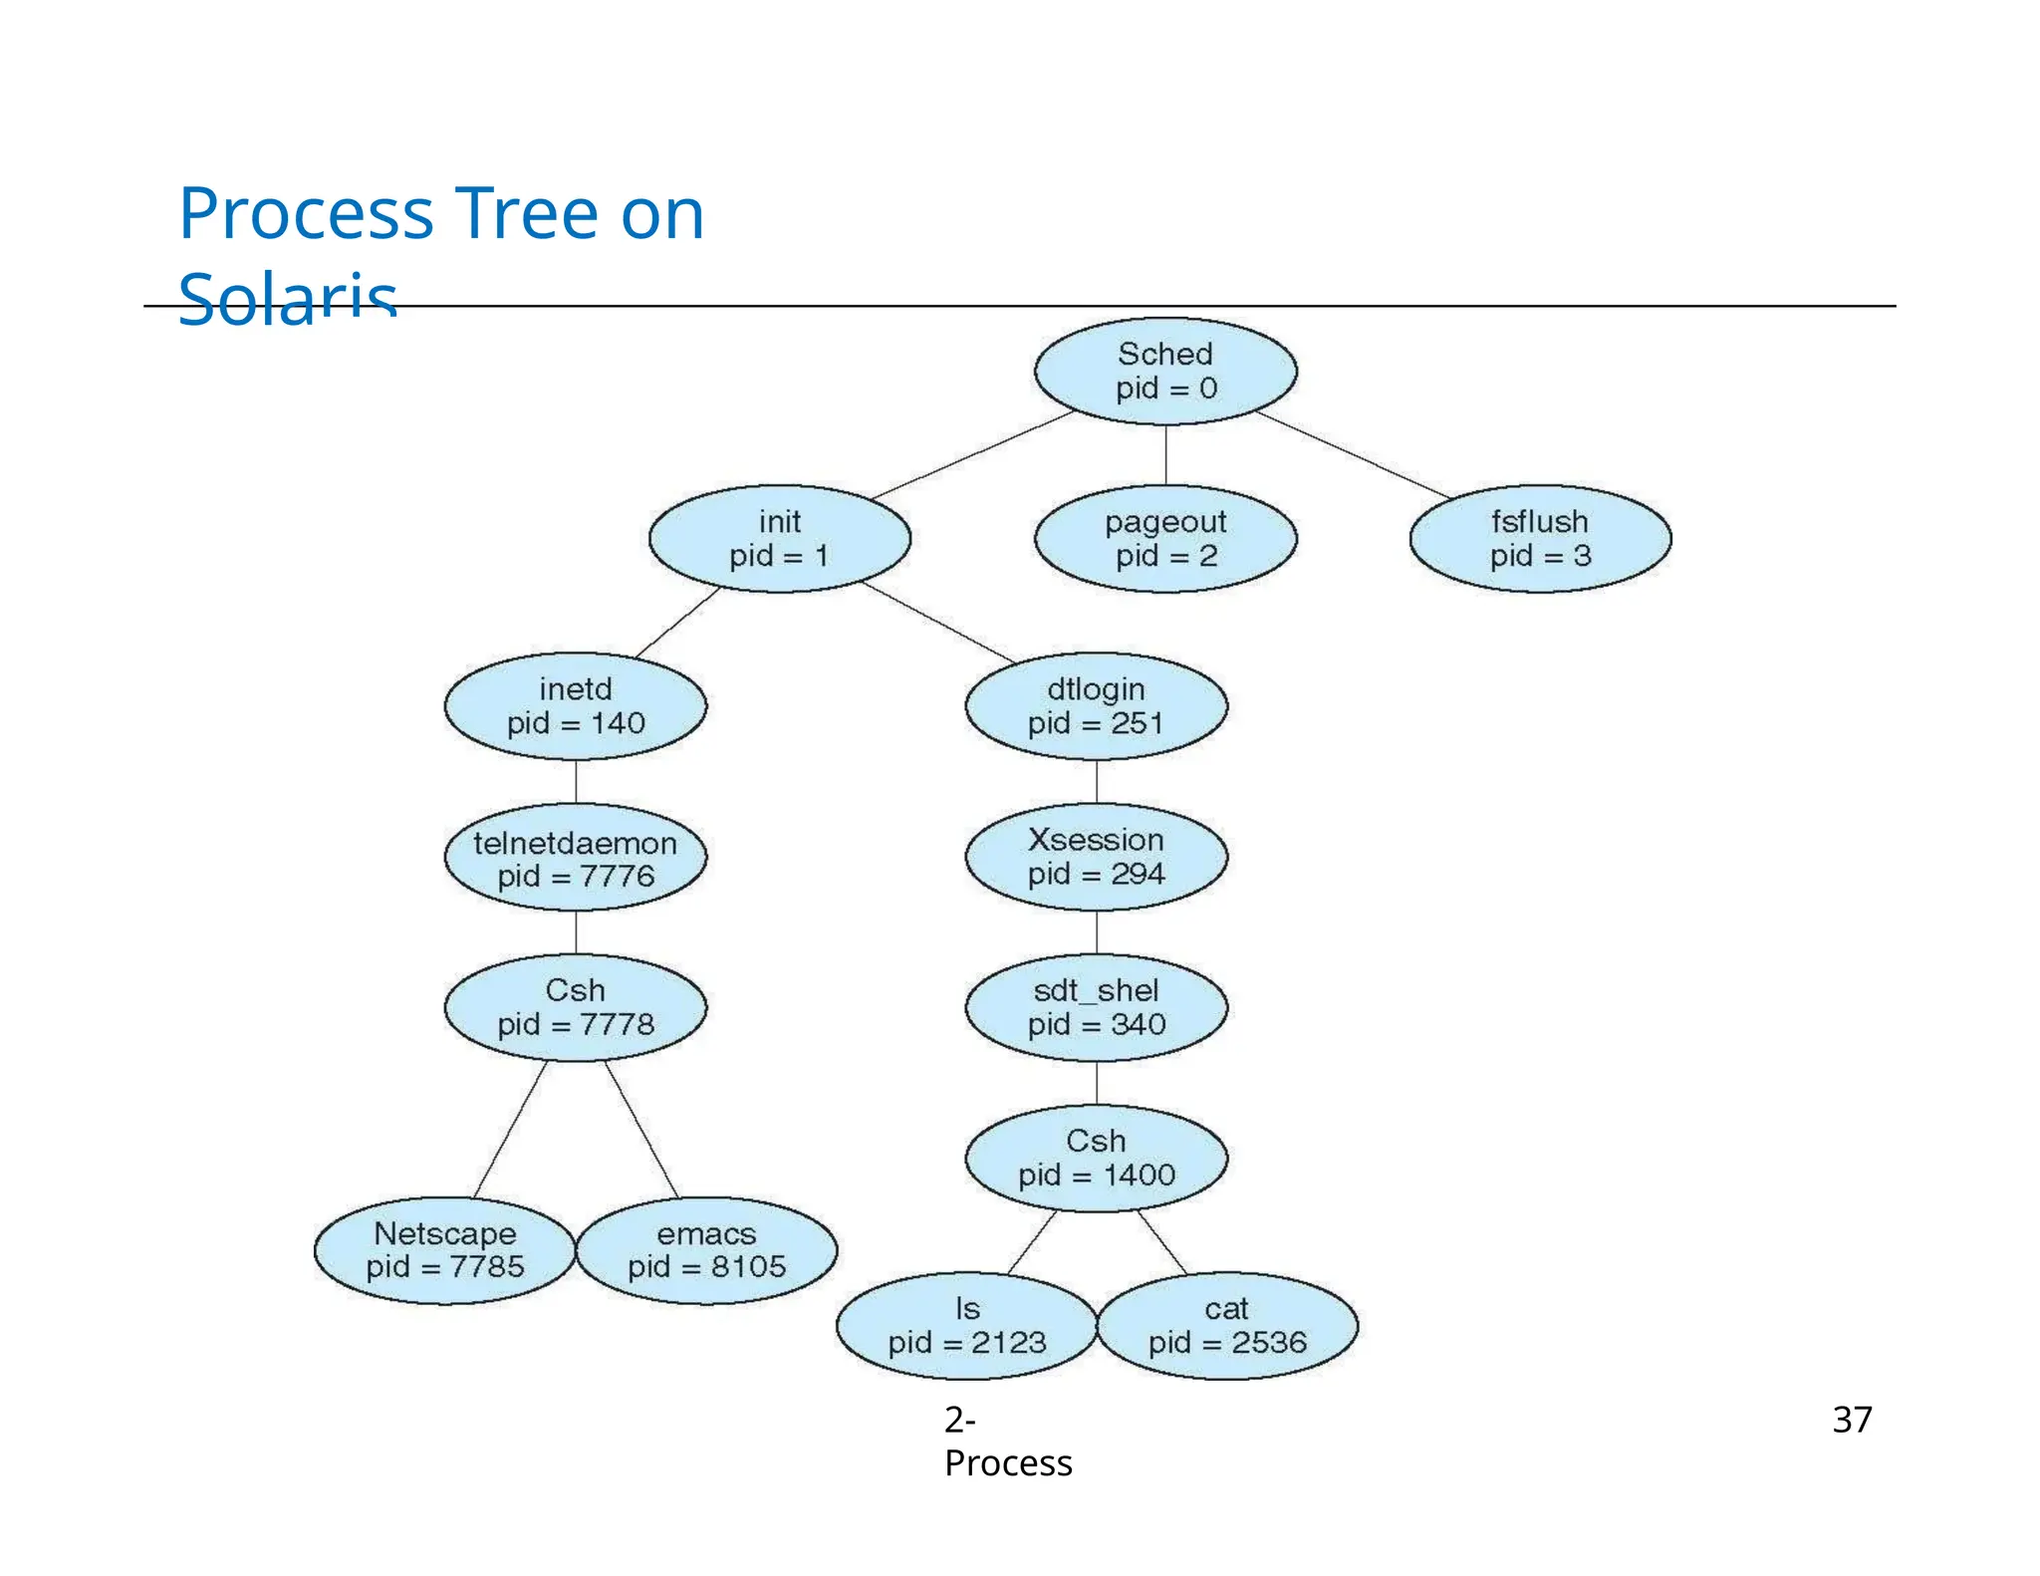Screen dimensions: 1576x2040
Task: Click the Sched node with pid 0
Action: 1165,371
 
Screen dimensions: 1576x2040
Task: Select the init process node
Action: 779,538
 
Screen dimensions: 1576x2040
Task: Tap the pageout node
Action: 1165,538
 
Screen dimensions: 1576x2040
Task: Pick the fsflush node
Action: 1540,538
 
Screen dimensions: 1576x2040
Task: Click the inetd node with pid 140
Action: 576,705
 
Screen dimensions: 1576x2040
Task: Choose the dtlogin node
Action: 1096,705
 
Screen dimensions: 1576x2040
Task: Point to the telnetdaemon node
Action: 576,858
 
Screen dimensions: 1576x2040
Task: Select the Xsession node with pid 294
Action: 1096,857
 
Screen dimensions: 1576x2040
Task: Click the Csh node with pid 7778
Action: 576,1007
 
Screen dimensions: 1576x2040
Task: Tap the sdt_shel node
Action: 1096,1007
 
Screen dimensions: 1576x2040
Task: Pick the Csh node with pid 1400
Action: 1096,1158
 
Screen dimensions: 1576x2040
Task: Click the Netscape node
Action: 444,1250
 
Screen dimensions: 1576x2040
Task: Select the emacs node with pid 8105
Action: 706,1250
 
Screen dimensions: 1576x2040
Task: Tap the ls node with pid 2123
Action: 966,1325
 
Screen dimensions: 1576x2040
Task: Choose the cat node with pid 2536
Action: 1227,1325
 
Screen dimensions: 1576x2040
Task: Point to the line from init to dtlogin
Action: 939,623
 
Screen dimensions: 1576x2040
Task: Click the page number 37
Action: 1852,1419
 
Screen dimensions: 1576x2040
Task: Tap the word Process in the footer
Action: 1008,1462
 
